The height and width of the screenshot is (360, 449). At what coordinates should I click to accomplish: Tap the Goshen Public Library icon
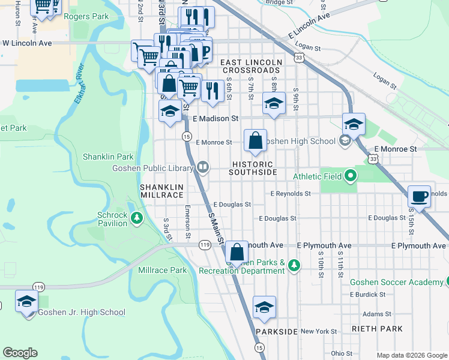pos(203,167)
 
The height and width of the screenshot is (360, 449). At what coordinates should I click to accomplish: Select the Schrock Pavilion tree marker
pos(137,217)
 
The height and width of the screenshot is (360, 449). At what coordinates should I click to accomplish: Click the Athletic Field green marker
pos(351,176)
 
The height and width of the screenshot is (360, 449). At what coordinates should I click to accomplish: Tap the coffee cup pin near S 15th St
pos(419,196)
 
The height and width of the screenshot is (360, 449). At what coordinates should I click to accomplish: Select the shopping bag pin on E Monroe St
pos(255,141)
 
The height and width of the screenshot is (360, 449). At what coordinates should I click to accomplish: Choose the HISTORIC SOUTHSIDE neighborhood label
pos(253,168)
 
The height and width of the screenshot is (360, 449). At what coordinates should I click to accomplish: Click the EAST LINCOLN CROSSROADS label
pos(252,66)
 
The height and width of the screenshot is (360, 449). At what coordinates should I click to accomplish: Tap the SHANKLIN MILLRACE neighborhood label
pos(161,191)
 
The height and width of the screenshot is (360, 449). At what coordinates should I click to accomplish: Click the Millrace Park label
pos(162,271)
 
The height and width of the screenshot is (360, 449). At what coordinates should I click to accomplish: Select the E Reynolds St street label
pos(290,194)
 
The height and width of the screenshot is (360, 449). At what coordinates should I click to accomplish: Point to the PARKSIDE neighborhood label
pos(276,332)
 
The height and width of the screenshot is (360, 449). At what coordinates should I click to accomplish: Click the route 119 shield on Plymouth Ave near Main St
pos(205,245)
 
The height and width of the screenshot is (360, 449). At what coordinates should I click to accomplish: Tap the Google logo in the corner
pos(20,353)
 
